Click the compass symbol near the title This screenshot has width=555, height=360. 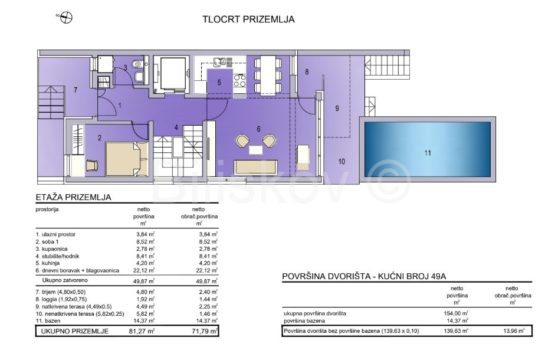coord(66,17)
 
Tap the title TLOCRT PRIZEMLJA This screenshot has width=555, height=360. coord(248,19)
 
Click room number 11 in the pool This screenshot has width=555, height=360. coord(428,153)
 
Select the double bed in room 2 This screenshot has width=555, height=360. coord(127,159)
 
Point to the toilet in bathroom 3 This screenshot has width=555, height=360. coord(136,64)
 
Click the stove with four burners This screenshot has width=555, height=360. coord(239,80)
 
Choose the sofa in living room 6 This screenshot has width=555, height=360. coord(255,166)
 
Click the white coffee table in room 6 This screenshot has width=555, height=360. coord(255,150)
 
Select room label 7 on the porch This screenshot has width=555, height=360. coord(75,90)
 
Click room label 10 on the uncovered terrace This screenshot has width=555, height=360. coord(341,162)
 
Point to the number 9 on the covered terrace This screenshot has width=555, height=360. coord(337,108)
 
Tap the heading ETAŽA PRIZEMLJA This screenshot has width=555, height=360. coord(74,197)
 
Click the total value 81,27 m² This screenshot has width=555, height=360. coord(142,331)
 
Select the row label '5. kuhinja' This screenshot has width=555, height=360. coord(48,263)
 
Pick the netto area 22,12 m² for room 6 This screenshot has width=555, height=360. coord(145,271)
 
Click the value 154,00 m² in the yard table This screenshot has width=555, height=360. coord(456,313)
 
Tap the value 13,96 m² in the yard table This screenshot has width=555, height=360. coord(514,331)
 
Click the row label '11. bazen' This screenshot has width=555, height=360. coord(48,321)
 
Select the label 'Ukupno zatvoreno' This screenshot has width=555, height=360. coord(65,280)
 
